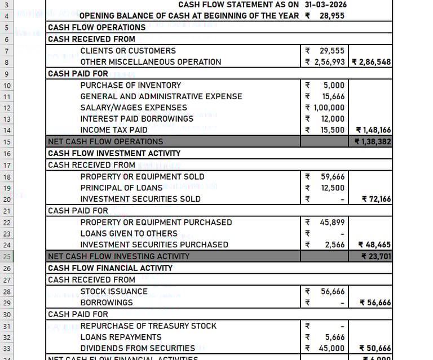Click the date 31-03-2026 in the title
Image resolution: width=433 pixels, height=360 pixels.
click(x=325, y=5)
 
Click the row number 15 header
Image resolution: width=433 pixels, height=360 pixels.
click(x=7, y=141)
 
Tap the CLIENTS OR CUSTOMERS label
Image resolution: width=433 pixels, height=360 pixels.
click(x=127, y=51)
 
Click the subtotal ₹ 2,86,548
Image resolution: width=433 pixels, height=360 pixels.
click(x=371, y=62)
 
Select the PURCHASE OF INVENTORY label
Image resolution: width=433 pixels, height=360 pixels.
click(x=130, y=85)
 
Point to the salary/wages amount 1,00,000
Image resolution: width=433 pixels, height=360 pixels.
click(x=329, y=108)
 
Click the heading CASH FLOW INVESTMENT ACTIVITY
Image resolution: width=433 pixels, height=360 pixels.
click(x=114, y=153)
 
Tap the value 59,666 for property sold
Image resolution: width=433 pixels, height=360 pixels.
click(x=332, y=176)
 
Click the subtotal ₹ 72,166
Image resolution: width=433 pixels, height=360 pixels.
click(x=374, y=199)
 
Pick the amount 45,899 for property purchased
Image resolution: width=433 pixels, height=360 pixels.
click(x=332, y=222)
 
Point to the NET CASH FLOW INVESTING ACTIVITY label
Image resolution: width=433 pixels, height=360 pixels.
click(x=118, y=256)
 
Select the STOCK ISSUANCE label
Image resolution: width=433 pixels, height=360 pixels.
click(x=113, y=291)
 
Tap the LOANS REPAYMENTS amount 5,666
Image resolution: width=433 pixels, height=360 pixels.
click(x=334, y=337)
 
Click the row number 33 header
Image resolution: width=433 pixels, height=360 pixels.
click(x=7, y=348)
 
